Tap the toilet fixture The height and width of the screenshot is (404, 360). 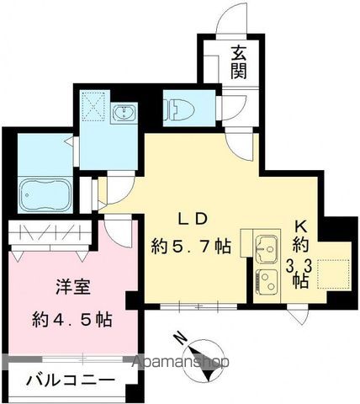point(179,109)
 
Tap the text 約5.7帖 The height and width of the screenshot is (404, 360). point(191,247)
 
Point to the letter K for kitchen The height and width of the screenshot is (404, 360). point(300,226)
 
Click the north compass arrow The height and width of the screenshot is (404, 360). point(200,354)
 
